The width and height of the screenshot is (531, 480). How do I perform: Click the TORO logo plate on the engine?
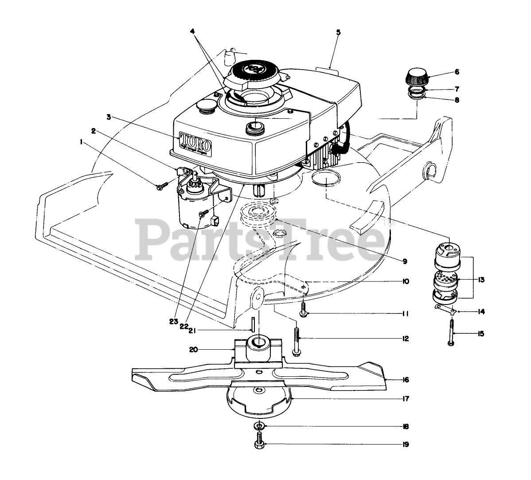[x=195, y=143]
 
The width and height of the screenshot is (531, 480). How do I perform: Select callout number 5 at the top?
[x=338, y=32]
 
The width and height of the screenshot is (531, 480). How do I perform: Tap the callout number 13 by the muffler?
[x=482, y=280]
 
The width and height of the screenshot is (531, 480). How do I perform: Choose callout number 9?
[x=405, y=261]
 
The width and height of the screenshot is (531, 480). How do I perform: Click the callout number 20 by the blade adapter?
[x=206, y=350]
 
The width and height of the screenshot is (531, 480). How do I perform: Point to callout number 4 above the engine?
[x=192, y=32]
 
